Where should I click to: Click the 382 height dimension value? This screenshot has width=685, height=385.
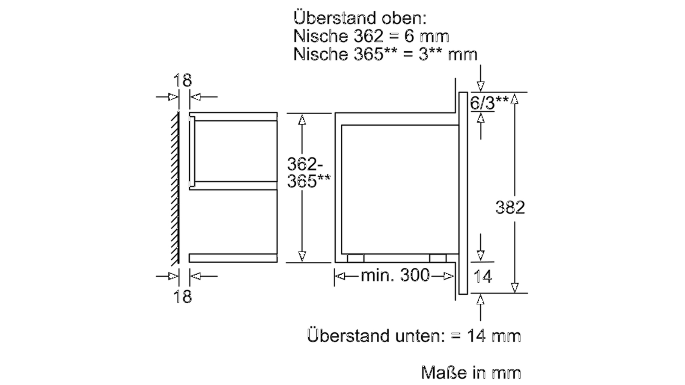pyautogui.click(x=510, y=207)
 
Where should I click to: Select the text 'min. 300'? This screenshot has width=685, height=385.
pyautogui.click(x=395, y=275)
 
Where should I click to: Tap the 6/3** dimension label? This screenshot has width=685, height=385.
pyautogui.click(x=488, y=103)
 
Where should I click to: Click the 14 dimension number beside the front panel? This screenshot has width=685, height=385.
pyautogui.click(x=482, y=277)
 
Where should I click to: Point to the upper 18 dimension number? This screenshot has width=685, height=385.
pyautogui.click(x=183, y=81)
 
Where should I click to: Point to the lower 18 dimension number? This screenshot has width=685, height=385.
pyautogui.click(x=183, y=296)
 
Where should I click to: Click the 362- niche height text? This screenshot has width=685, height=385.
pyautogui.click(x=305, y=165)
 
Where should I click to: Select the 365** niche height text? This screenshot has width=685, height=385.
pyautogui.click(x=308, y=181)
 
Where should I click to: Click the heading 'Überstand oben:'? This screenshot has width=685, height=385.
pyautogui.click(x=360, y=18)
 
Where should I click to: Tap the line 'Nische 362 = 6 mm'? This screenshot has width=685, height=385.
pyautogui.click(x=371, y=36)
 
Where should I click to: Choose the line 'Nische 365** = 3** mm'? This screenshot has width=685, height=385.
pyautogui.click(x=385, y=54)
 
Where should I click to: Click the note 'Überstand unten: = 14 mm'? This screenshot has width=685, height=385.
pyautogui.click(x=414, y=336)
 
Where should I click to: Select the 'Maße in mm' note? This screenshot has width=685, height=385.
pyautogui.click(x=471, y=373)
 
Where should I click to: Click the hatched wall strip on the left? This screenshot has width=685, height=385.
pyautogui.click(x=175, y=188)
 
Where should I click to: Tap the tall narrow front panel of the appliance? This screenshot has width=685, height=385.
pyautogui.click(x=463, y=192)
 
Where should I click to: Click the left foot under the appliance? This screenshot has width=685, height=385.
pyautogui.click(x=355, y=258)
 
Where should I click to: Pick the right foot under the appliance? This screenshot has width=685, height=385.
pyautogui.click(x=438, y=258)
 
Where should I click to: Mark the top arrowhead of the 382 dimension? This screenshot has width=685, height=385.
pyautogui.click(x=515, y=99)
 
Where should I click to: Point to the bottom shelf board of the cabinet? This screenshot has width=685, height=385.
pyautogui.click(x=233, y=258)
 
